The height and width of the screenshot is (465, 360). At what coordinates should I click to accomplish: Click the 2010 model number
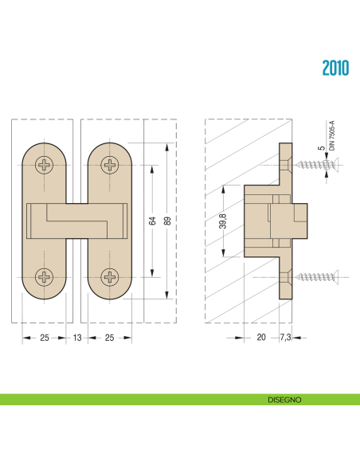point(335,68)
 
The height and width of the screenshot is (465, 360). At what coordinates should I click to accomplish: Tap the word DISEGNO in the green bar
point(284,400)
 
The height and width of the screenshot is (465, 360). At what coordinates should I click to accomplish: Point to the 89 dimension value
point(167,221)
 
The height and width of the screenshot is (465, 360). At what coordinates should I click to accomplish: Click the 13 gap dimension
point(76,338)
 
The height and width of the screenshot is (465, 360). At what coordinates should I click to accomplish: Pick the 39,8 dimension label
point(223,221)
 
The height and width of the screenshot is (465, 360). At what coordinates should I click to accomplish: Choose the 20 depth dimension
point(260,338)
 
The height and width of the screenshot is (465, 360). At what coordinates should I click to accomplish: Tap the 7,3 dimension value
point(286,338)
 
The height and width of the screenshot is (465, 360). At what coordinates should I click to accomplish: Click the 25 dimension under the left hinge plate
point(45,338)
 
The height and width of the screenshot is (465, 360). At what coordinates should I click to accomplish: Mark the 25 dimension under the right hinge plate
point(109,338)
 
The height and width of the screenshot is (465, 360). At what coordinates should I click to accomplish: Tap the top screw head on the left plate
point(45,166)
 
